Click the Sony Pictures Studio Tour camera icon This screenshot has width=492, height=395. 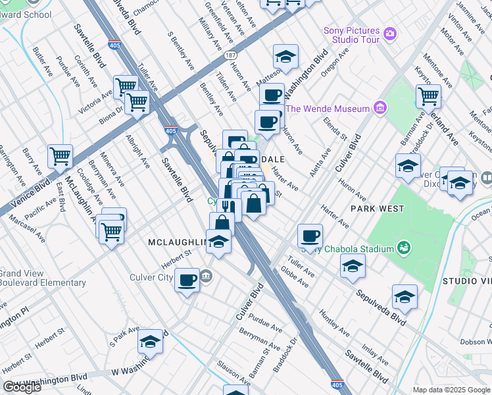coord(390,33)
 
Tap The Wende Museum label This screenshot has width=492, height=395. coord(326,109)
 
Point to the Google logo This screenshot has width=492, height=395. coord(22,387)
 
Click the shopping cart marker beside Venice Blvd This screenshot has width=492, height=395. coord(60,157)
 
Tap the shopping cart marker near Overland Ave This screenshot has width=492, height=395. coord(428,96)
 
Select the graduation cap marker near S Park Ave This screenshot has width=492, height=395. coord(151,342)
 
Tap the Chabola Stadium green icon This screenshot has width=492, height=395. coord(405,248)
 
